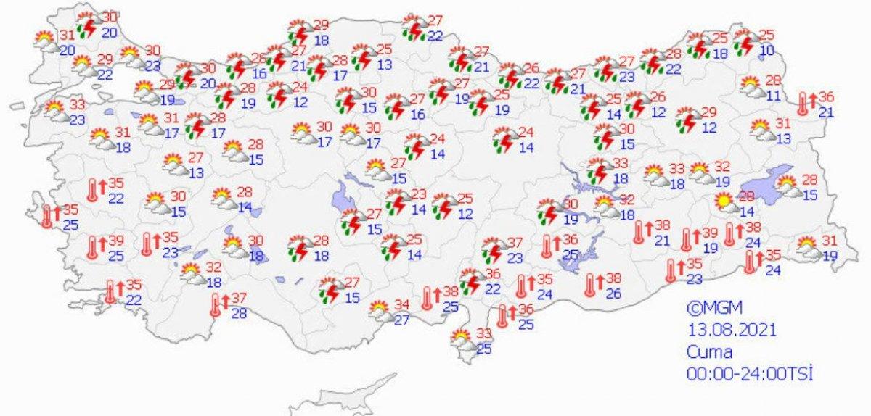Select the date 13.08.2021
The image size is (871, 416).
(x=732, y=330)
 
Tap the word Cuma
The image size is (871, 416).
(x=710, y=352)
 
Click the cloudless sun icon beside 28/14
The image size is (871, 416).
(x=724, y=201)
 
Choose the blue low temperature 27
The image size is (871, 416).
(x=402, y=320)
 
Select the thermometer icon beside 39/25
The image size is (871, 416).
(x=93, y=248)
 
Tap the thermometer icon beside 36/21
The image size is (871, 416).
(x=803, y=104)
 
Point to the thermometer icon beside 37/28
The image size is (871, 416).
(x=216, y=306)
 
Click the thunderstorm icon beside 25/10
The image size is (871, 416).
(x=744, y=42)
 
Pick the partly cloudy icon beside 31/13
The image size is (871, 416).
(x=761, y=131)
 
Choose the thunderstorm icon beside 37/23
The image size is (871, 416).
(x=494, y=250)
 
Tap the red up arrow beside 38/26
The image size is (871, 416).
(x=601, y=279)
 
